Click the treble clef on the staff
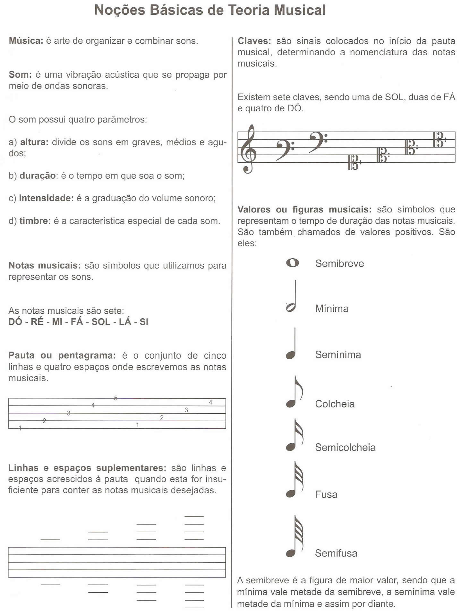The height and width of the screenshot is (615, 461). pos(250,149)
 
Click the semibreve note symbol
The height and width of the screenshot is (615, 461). pos(292,263)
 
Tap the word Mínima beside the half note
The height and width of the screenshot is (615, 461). pos(332,308)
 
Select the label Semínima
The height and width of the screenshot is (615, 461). pos(338,354)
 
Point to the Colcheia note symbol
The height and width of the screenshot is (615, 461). pos(293,393)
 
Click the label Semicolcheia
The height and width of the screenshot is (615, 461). pos(345,447)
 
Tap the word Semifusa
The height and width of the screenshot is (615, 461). pos(336,553)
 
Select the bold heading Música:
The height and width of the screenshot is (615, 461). pos(26,41)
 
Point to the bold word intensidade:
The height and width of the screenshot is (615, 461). pos(47,198)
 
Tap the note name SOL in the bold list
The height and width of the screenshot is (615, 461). pos(101,321)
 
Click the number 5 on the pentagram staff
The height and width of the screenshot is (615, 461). pos(116,398)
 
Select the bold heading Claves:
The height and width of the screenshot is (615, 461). pos(254,41)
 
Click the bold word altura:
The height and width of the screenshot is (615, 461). pos(34,142)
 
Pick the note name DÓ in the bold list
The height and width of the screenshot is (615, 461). pos(15,321)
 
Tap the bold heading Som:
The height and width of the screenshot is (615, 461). pos(20,74)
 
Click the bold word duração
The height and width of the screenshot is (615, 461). pos(38,176)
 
